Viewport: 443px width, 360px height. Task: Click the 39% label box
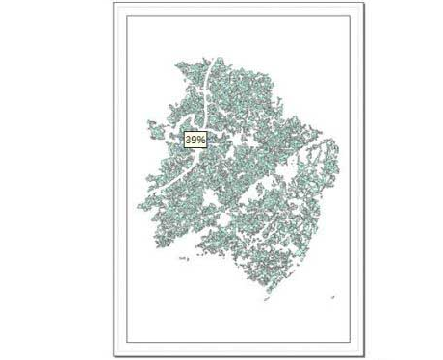click(195, 140)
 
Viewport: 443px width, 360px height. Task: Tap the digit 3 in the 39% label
click(190, 140)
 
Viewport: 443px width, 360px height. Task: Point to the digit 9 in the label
click(195, 140)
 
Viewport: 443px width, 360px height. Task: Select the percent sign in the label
click(202, 140)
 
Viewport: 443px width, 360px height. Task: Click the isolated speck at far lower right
click(333, 297)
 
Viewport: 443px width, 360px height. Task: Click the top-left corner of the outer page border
click(114, 3)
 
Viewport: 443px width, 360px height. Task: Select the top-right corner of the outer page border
click(364, 3)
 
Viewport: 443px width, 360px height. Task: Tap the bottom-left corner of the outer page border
click(114, 356)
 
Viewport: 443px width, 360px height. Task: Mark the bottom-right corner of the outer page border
click(364, 356)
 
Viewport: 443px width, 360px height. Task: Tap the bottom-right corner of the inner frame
click(351, 343)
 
